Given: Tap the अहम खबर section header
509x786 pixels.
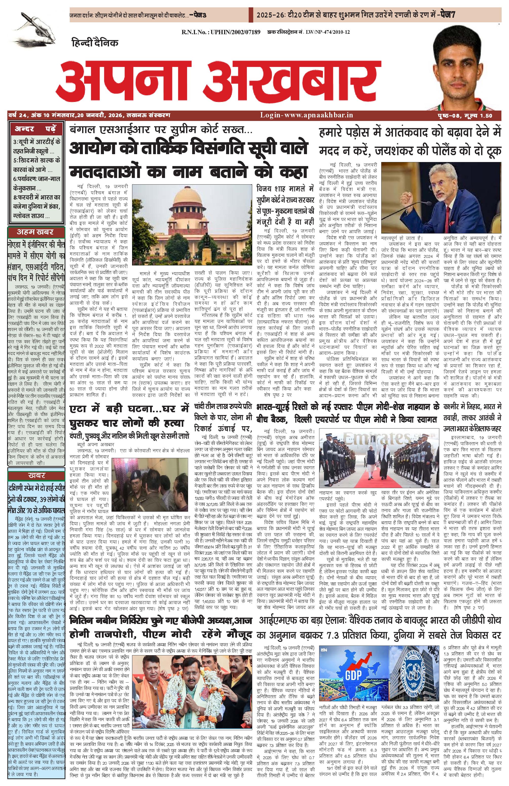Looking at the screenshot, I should (x=35, y=231).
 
